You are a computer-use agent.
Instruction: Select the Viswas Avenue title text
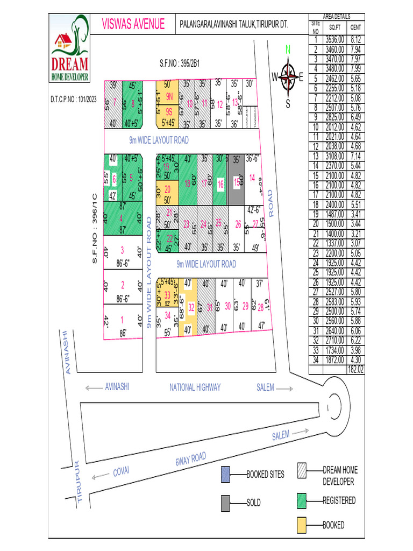coord(133,25)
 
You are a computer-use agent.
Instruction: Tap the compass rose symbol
coord(289,77)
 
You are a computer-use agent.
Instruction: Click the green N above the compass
coord(288,50)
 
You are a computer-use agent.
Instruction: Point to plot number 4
coord(122,218)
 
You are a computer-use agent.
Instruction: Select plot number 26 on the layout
coord(238,224)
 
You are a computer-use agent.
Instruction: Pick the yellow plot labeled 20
coord(167,189)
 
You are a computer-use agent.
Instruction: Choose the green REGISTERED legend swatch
coord(302,501)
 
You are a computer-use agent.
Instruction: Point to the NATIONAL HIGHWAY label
coord(195,387)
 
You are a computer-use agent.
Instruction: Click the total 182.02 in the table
coord(355,370)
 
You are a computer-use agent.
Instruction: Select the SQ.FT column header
coord(334,27)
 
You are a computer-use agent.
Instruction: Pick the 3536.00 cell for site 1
coord(334,39)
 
